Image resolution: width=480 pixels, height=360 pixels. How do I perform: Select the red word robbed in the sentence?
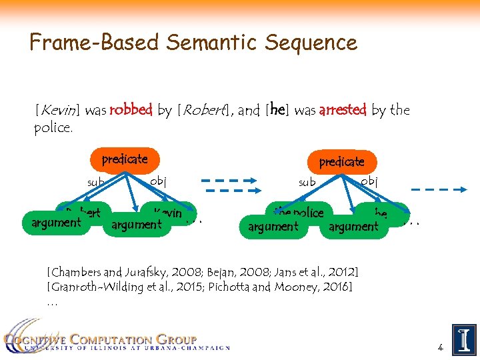pyautogui.click(x=131, y=110)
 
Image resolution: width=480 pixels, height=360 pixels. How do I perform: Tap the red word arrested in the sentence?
pyautogui.click(x=343, y=110)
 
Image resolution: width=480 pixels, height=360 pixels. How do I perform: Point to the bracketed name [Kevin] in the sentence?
pyautogui.click(x=57, y=110)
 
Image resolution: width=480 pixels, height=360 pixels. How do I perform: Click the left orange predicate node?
pyautogui.click(x=125, y=160)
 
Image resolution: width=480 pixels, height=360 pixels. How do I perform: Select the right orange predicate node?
pyautogui.click(x=341, y=162)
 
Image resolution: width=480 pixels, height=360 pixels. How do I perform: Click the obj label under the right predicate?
pyautogui.click(x=369, y=181)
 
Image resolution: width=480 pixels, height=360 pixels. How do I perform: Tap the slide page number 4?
pyautogui.click(x=440, y=347)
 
